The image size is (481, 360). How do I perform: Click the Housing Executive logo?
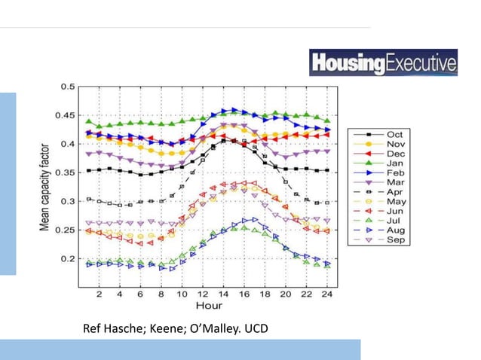click(x=383, y=62)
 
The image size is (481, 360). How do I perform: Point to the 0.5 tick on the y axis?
click(x=68, y=87)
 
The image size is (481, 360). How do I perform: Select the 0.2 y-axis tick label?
click(x=68, y=258)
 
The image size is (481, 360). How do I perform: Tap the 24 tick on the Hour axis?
click(x=326, y=294)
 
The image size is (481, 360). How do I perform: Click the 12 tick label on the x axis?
click(x=203, y=294)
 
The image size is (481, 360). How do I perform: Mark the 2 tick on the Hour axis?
click(x=100, y=294)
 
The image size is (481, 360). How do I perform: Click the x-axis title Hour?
click(x=209, y=306)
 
